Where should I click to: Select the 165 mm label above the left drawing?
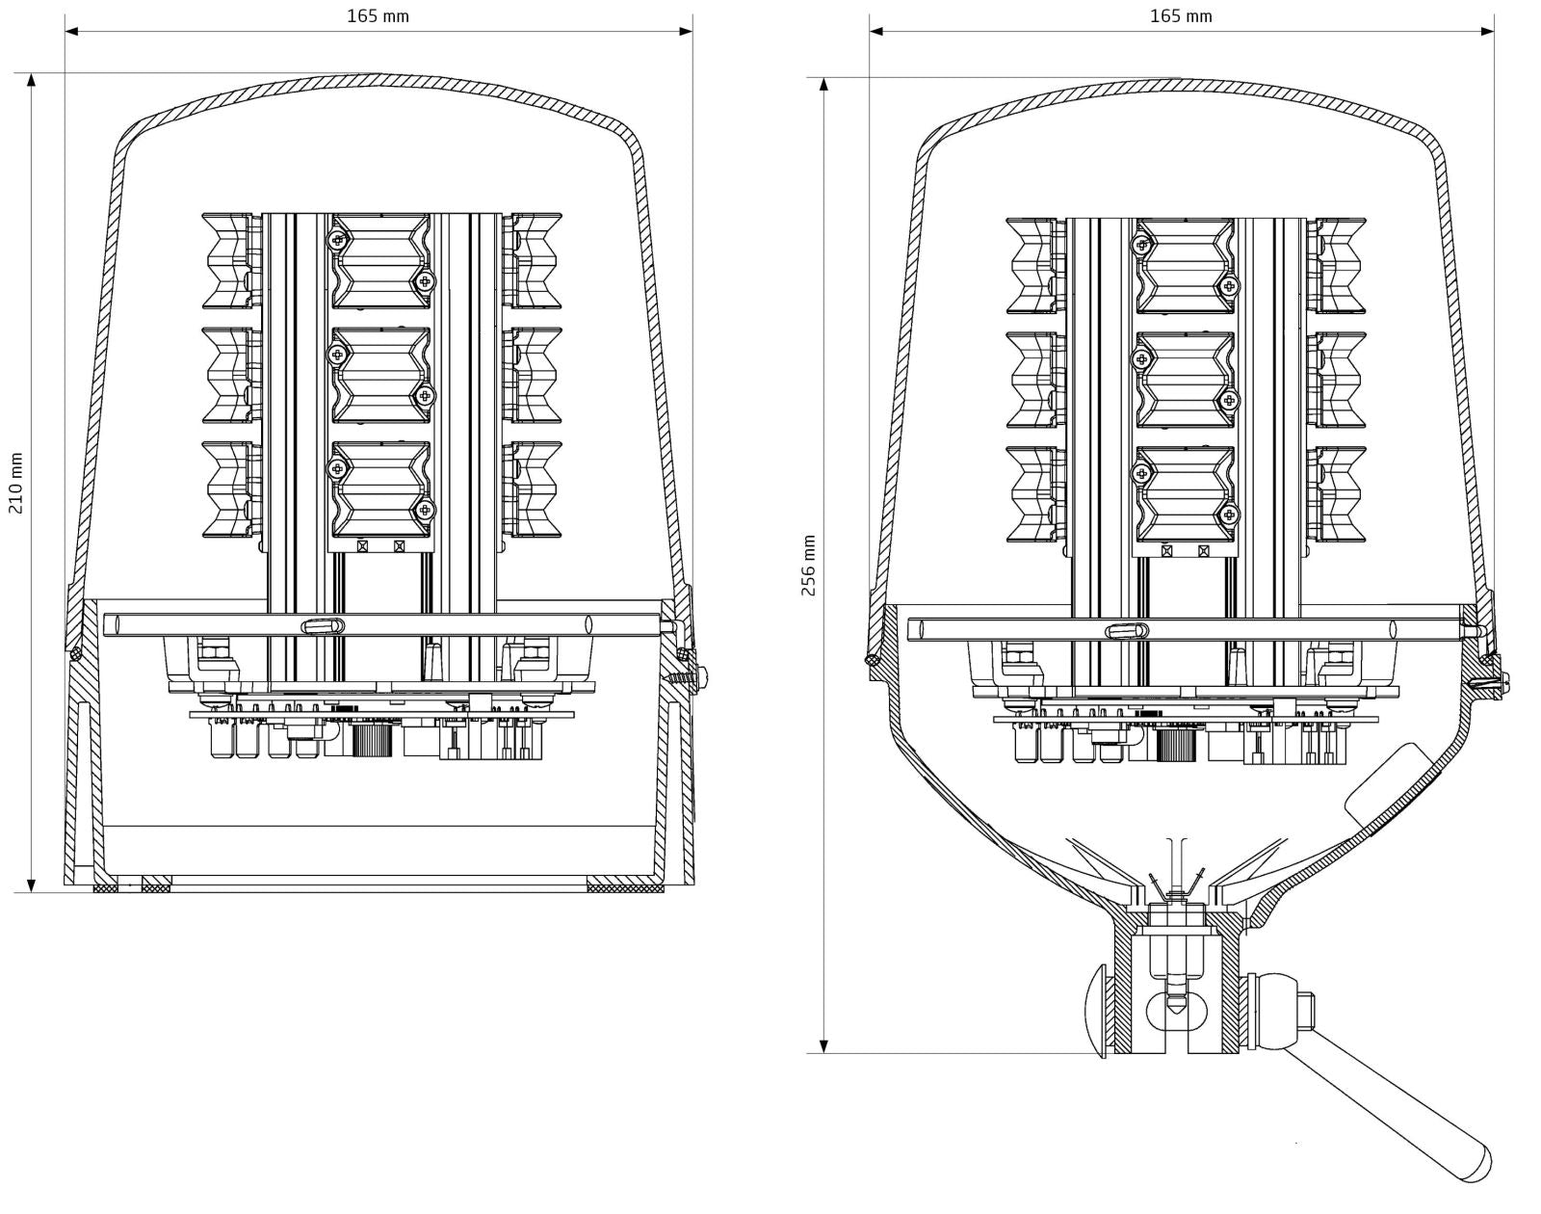coord(378,15)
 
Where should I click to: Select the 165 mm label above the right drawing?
coord(1181,15)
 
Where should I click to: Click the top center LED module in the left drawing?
coord(380,260)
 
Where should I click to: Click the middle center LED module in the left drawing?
coord(380,375)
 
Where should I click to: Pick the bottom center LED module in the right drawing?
coord(1185,493)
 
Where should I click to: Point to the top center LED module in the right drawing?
coord(1185,265)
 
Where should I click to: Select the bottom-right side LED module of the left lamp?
coord(535,488)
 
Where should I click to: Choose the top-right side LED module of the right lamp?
coord(1340,265)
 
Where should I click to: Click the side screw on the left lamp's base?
coord(700,677)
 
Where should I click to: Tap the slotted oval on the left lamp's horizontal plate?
coord(323,625)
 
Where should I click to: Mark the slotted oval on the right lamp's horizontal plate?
coord(1127,631)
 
